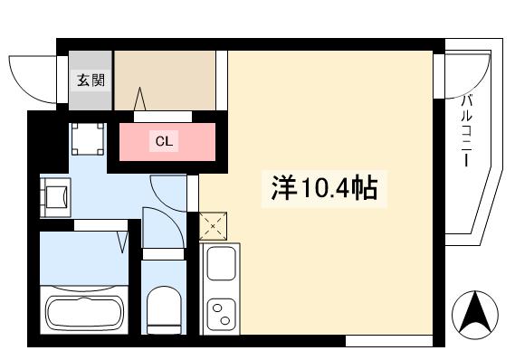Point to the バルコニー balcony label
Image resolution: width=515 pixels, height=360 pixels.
tap(467, 130)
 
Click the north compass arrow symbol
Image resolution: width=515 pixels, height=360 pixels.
tap(475, 314)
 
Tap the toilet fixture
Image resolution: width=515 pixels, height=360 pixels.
tap(164, 308)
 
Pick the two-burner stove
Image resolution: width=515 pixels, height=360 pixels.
tap(220, 314)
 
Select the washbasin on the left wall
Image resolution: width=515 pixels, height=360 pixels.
tap(56, 196)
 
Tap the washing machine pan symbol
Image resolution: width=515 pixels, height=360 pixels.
tap(88, 137)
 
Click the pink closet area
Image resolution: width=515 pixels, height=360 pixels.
tap(167, 142)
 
